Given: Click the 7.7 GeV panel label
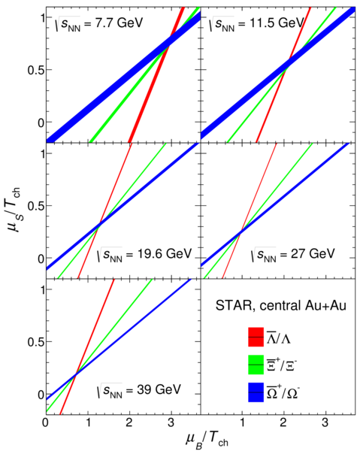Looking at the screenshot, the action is [x=99, y=23].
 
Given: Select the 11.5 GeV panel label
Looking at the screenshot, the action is [x=256, y=23].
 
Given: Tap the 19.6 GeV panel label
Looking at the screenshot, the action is [x=144, y=254].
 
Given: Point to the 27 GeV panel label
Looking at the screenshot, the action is [x=292, y=254].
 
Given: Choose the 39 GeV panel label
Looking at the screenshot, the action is [x=138, y=390].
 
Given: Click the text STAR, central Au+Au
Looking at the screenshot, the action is [x=281, y=306].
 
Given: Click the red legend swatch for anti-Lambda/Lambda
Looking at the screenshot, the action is [x=256, y=337].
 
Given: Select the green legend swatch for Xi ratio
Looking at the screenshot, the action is [x=256, y=365].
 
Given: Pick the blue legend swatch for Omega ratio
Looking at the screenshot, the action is [x=256, y=392].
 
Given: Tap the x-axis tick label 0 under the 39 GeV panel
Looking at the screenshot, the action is [x=46, y=422].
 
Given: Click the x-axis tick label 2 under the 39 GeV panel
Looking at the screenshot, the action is [x=129, y=422].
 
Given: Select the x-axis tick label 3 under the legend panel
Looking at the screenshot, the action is [x=325, y=422].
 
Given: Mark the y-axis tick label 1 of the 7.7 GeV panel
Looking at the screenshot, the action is [x=42, y=18].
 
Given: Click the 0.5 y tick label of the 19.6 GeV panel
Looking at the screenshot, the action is [x=36, y=206].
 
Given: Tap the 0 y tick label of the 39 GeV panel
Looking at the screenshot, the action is [x=41, y=395].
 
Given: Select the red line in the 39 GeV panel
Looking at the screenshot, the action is [x=87, y=347].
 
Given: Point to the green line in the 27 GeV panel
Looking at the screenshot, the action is [x=258, y=210].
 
